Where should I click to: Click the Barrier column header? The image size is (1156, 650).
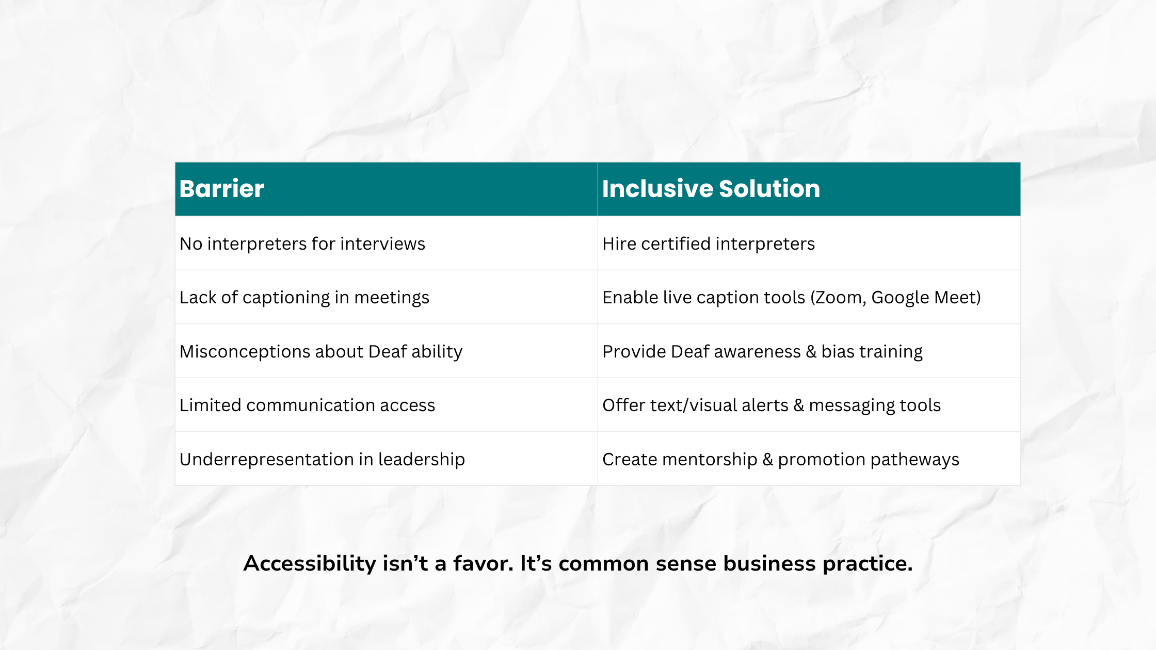(221, 189)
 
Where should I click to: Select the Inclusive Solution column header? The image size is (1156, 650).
(711, 189)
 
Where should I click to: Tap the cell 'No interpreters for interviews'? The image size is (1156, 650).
(302, 243)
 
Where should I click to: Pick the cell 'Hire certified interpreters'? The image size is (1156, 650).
(709, 243)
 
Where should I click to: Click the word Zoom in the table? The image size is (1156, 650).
(839, 298)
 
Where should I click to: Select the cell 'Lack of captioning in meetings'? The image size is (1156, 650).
(304, 298)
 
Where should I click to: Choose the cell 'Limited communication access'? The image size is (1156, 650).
(308, 405)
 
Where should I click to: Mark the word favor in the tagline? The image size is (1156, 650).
(483, 563)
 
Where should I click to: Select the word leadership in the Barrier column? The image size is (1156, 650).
(422, 460)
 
